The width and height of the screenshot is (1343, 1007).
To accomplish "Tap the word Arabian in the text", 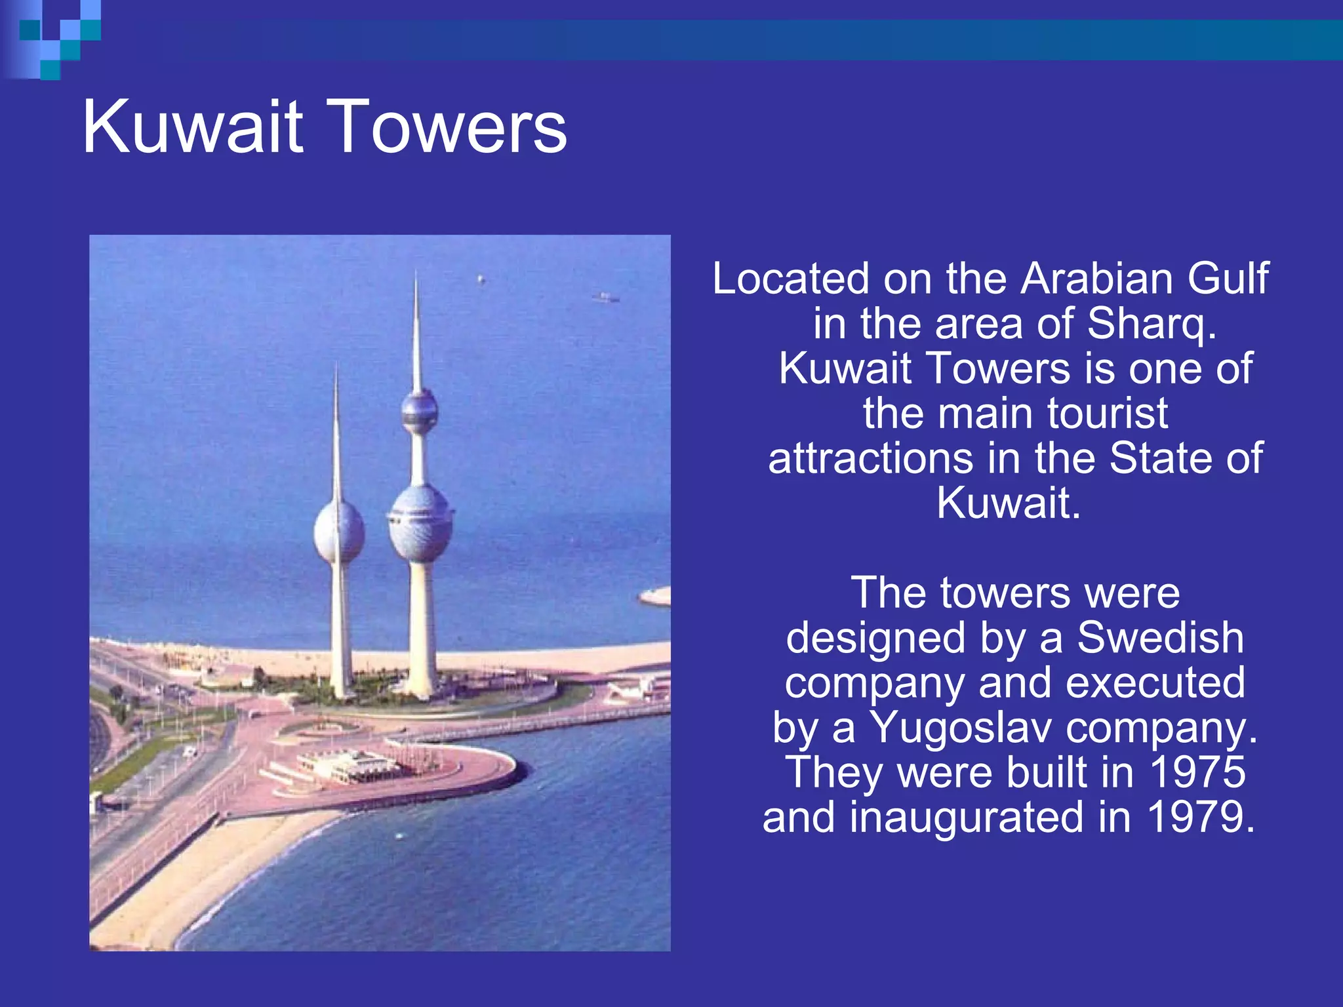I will point(1096,279).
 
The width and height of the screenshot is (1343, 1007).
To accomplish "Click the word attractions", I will point(870,458).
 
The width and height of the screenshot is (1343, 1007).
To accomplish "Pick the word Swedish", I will point(1160,638).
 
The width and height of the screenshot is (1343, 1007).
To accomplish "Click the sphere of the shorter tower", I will point(338,531).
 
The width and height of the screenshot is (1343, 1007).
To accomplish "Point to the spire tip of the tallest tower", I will point(416,279).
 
